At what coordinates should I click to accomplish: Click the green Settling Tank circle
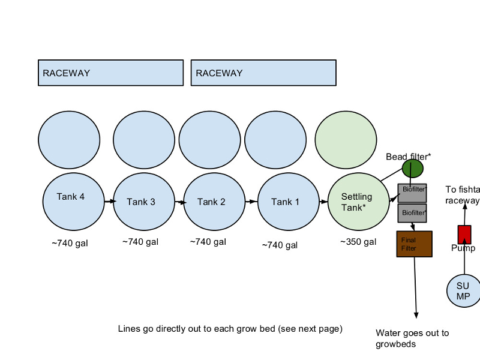358,202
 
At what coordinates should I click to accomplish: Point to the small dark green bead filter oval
413,169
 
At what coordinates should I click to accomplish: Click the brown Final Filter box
414,244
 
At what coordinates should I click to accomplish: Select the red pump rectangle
464,234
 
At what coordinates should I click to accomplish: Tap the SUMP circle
464,291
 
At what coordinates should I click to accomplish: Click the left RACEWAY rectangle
110,73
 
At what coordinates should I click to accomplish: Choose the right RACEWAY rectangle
263,73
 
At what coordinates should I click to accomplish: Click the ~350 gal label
358,242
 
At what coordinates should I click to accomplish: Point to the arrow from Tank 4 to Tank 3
109,202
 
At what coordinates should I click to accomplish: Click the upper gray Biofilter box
412,193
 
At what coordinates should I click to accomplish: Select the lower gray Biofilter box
412,213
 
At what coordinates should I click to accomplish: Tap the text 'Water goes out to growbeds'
412,338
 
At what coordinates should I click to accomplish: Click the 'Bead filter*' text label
409,157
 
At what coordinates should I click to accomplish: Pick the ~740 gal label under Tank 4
70,244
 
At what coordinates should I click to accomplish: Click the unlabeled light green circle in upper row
346,140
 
